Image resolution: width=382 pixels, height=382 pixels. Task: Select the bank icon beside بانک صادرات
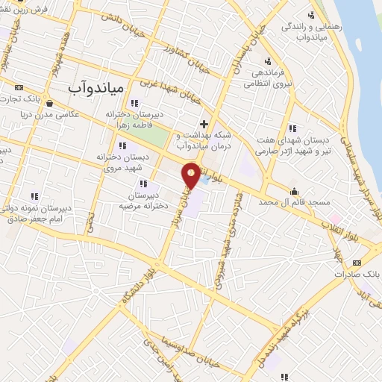click(x=357, y=263)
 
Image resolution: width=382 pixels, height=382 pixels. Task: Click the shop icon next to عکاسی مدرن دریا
click(x=48, y=104)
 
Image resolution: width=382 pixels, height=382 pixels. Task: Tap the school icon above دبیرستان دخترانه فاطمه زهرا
click(x=134, y=104)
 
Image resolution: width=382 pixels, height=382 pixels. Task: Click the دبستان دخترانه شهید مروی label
click(x=124, y=161)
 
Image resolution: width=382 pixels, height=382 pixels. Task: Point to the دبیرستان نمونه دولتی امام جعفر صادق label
click(x=37, y=212)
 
